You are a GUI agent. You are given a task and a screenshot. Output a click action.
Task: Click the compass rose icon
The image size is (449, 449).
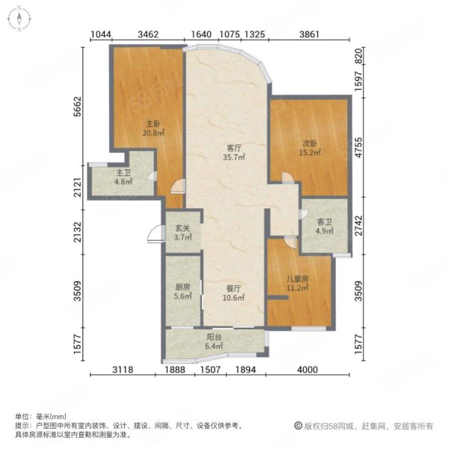click(x=19, y=18)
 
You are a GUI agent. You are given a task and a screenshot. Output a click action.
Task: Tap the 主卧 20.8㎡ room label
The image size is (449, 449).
click(x=153, y=128)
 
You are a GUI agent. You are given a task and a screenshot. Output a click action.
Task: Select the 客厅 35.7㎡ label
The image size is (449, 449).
click(x=234, y=153)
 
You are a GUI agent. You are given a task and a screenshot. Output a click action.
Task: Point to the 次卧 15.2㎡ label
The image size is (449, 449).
click(x=310, y=147)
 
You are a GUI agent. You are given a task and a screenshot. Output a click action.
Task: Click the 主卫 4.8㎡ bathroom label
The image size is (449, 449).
click(x=123, y=177)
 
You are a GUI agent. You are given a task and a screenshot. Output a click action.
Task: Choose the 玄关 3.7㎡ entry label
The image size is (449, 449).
click(x=183, y=233)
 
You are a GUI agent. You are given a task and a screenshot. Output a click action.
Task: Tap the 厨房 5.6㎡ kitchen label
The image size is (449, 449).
click(x=183, y=291)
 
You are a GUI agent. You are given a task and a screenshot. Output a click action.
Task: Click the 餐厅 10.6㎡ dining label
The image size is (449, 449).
click(x=233, y=293)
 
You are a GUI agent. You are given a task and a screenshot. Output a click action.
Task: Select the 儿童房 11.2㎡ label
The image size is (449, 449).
click(x=298, y=283)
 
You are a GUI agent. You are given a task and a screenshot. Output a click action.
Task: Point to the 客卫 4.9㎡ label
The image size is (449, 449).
click(x=325, y=226)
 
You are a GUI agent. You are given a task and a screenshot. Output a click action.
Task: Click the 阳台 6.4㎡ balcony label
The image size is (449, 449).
click(x=214, y=341)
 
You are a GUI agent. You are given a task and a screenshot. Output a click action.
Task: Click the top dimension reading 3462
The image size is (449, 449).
click(x=148, y=34)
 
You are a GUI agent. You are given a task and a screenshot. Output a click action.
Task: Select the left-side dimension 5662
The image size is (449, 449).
click(x=78, y=107)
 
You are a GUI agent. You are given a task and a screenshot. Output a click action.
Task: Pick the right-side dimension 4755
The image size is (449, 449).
click(x=358, y=147)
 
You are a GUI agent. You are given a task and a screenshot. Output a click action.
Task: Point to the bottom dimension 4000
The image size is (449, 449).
click(x=308, y=370)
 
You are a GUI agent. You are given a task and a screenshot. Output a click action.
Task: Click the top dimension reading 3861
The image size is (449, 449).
click(x=309, y=34)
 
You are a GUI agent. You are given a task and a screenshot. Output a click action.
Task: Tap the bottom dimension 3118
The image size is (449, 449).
click(x=123, y=370)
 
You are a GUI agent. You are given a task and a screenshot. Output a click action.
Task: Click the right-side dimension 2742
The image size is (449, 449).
click(x=358, y=226)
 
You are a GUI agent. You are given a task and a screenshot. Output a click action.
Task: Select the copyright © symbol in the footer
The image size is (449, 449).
click(x=298, y=426)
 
